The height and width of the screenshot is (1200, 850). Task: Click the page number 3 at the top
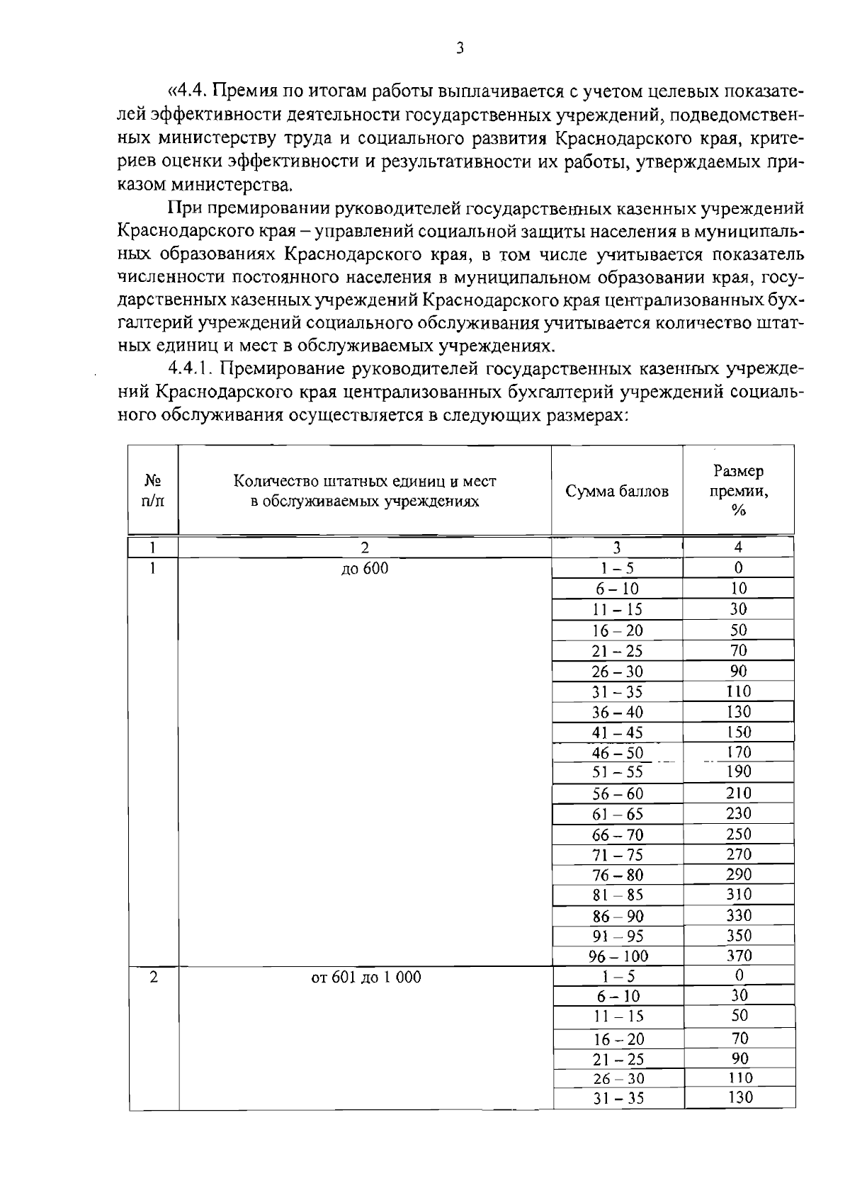[x=460, y=49]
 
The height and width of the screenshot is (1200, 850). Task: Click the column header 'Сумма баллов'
[x=616, y=491]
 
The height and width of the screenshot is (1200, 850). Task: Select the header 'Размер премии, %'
[x=738, y=490]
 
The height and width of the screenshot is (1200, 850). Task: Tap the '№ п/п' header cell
[x=153, y=490]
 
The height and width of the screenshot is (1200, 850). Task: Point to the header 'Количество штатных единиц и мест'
[x=365, y=482]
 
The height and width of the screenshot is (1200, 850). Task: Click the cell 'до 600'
[x=365, y=568]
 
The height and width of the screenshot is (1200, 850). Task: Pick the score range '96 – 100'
[x=618, y=956]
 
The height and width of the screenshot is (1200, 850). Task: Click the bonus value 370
[x=739, y=956]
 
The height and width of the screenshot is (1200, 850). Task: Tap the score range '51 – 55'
[x=618, y=772]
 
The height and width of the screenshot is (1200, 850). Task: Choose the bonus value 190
[x=739, y=771]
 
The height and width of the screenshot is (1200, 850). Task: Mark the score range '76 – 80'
[x=618, y=875]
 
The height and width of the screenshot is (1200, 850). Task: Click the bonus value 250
[x=739, y=834]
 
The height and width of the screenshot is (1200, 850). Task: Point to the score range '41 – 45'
[x=618, y=732]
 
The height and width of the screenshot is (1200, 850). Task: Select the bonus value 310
[x=739, y=895]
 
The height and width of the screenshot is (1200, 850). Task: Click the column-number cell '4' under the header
[x=738, y=547]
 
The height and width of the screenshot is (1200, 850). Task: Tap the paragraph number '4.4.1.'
[x=191, y=369]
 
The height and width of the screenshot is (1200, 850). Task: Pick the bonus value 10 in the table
[x=739, y=588]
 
